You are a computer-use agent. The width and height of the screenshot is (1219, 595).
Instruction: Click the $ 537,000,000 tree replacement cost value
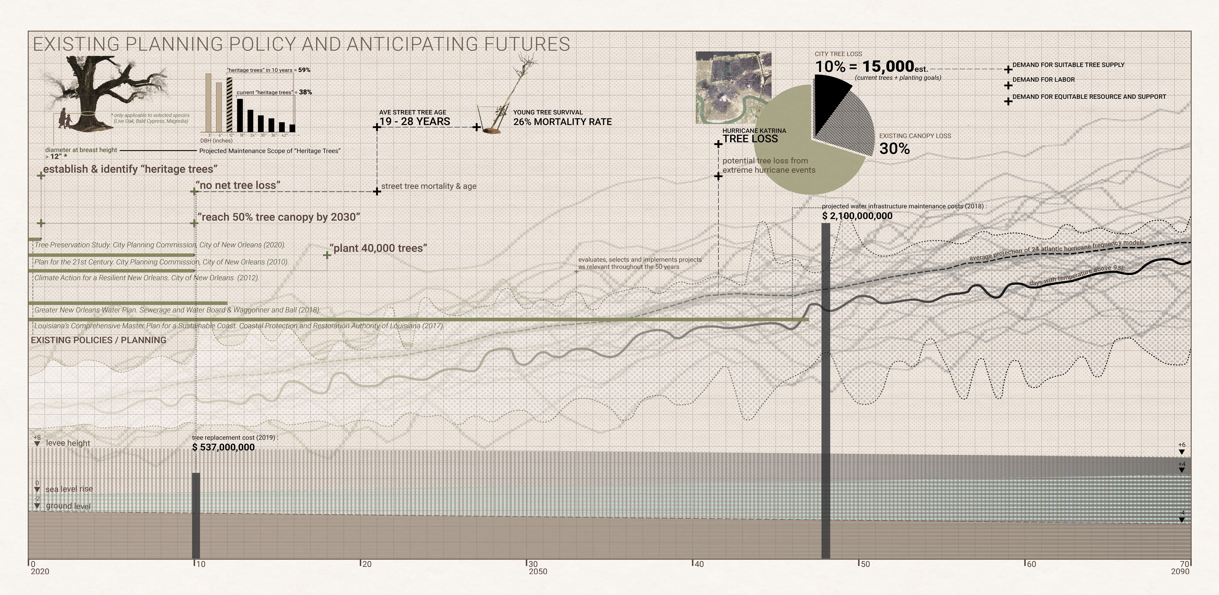tap(223, 447)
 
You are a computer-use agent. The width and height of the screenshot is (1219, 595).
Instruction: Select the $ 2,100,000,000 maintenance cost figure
tap(857, 216)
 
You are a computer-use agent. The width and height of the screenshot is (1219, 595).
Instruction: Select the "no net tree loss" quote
tap(238, 185)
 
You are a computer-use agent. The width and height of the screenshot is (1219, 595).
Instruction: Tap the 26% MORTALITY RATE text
tap(562, 122)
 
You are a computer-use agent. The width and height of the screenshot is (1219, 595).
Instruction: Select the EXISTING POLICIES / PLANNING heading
tap(98, 340)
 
